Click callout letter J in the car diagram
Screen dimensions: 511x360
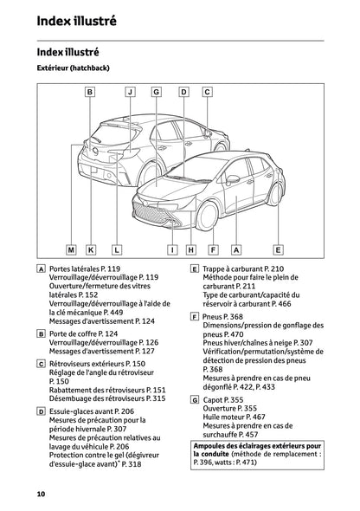pos(130,91)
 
